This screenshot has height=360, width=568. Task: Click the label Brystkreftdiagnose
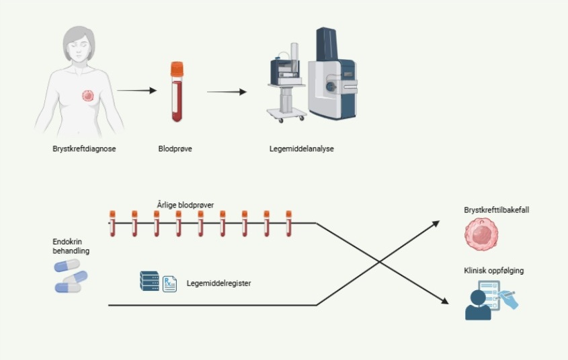[84, 148]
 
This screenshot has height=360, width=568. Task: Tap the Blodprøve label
[175, 148]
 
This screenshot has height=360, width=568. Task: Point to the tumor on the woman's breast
[88, 95]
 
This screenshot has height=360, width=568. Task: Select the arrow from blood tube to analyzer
[227, 92]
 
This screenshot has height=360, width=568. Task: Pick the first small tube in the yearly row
[113, 224]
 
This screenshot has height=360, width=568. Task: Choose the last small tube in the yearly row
[288, 224]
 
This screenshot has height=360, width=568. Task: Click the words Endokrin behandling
[71, 246]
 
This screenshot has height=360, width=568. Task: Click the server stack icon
[149, 282]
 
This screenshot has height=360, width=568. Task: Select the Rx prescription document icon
[169, 284]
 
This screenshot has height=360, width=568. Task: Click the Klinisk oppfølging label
[493, 271]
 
